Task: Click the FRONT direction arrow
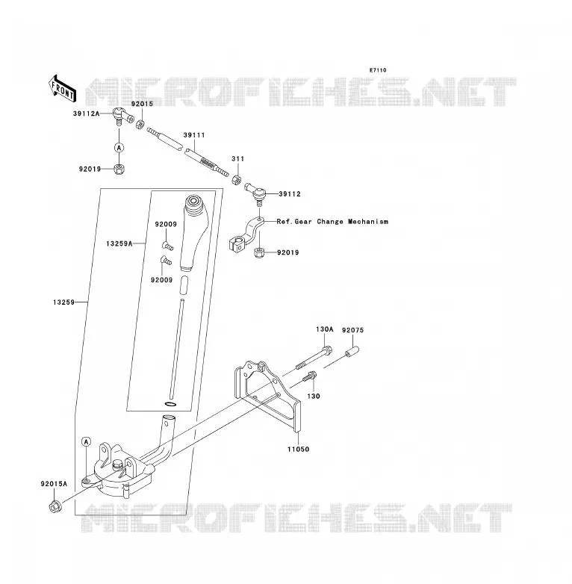click(63, 89)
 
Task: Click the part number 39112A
click(87, 114)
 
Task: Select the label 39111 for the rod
click(194, 135)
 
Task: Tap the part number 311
click(238, 158)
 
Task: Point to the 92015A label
click(54, 484)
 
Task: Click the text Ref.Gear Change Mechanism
click(332, 222)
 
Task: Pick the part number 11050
click(298, 450)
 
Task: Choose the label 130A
click(325, 329)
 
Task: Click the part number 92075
click(352, 330)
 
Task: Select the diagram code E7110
click(378, 70)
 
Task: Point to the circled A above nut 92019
click(119, 148)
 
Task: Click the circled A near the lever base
click(87, 442)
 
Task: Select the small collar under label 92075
click(352, 352)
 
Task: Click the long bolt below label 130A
click(314, 358)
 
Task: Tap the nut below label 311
click(236, 180)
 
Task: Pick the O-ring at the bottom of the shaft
click(170, 404)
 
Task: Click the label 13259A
click(119, 244)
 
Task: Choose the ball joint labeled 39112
click(255, 192)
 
